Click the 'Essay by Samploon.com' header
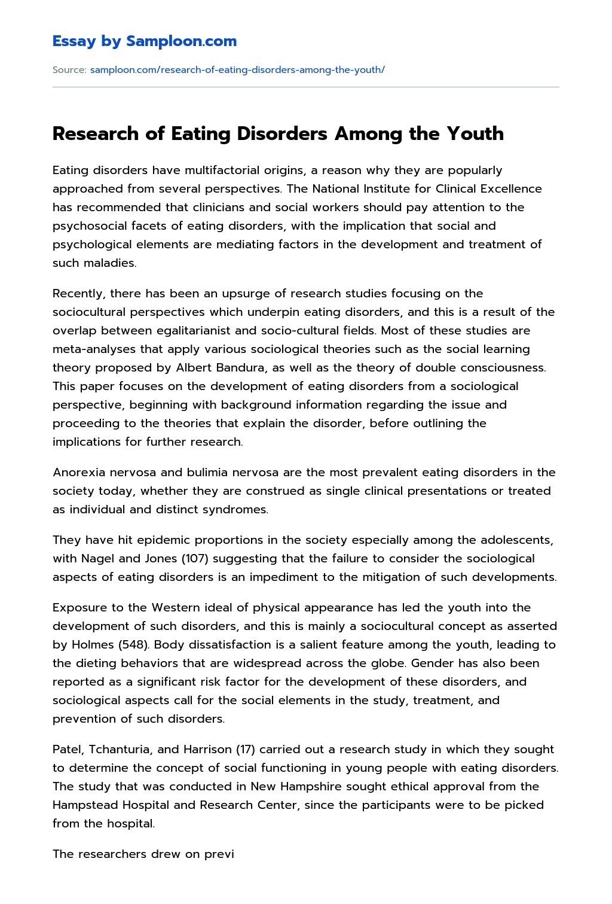144,41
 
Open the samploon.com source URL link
237,70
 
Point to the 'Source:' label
69,70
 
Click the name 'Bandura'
238,368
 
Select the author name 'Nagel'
97,559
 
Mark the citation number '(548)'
131,645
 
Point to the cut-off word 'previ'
219,854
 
